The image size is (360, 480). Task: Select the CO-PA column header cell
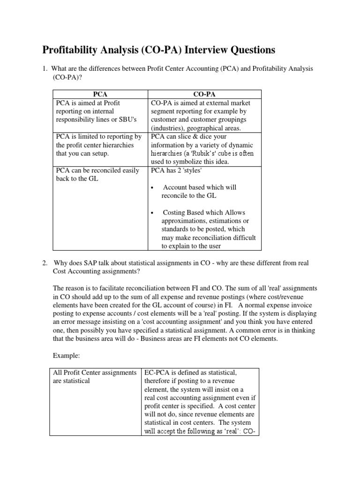(x=204, y=94)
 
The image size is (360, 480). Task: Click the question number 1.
(x=45, y=69)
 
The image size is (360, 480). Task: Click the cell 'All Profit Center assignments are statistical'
(x=96, y=377)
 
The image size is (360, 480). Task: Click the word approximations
(x=185, y=221)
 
